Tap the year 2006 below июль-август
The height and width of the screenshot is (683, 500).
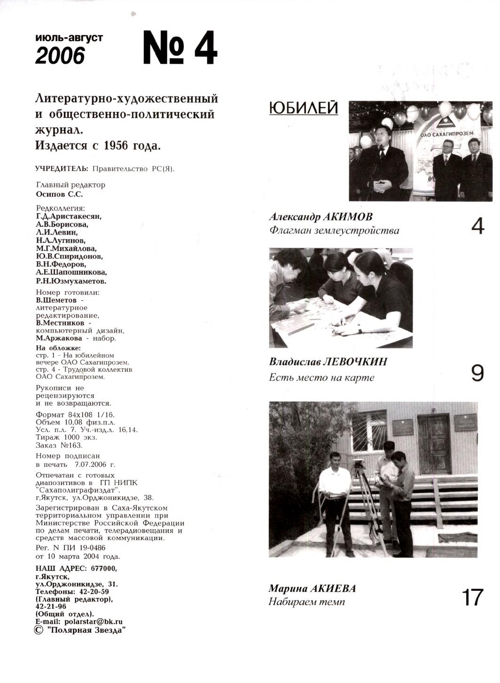60,56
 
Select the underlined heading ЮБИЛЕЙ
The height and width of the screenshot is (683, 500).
304,108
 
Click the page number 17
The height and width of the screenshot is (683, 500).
472,597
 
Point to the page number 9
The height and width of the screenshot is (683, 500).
477,373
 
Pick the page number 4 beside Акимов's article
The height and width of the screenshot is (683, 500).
477,226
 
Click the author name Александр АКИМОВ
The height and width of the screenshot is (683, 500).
320,217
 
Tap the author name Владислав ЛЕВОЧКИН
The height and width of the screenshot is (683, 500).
328,362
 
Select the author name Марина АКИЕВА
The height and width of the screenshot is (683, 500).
312,589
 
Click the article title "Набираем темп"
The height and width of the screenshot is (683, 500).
306,602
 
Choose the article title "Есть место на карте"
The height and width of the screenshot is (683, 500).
321,377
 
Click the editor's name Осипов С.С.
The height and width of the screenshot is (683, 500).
59,194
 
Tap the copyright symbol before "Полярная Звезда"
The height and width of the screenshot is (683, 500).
39,630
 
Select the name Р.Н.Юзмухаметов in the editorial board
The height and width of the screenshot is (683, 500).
71,281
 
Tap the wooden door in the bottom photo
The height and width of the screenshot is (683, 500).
434,444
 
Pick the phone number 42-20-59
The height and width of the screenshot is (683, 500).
94,592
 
